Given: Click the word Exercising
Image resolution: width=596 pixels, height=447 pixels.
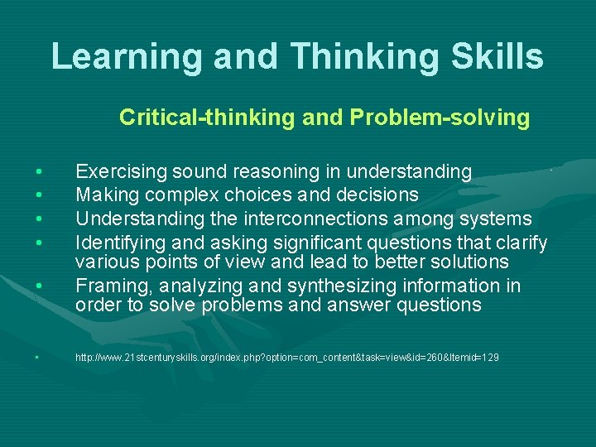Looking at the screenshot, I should click(x=121, y=172).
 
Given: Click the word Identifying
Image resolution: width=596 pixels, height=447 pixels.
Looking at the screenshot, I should click(x=120, y=243).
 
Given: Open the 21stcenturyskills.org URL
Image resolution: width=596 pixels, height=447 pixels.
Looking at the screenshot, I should click(x=286, y=358).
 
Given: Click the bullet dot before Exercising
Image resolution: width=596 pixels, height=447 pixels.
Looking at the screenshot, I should click(x=39, y=172).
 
